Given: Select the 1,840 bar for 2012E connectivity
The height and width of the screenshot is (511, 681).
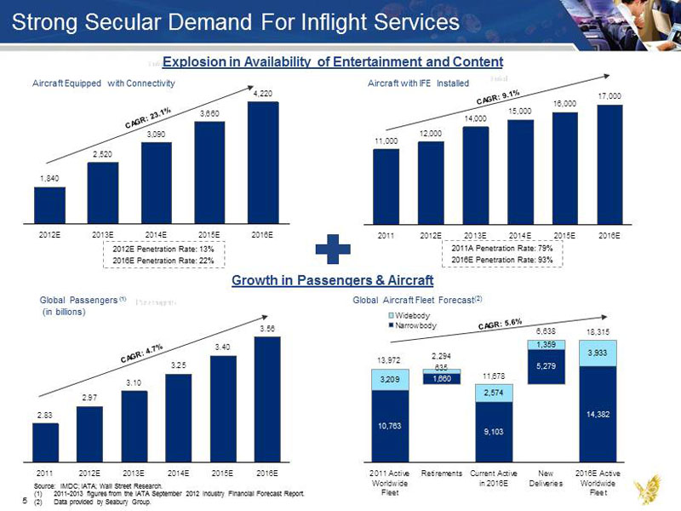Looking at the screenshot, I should [49, 204].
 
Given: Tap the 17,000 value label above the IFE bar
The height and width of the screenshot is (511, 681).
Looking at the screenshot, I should [609, 95].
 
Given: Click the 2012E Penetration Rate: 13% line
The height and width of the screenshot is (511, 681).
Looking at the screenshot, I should [163, 248].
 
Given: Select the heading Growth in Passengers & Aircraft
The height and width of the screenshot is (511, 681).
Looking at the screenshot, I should [332, 280].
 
